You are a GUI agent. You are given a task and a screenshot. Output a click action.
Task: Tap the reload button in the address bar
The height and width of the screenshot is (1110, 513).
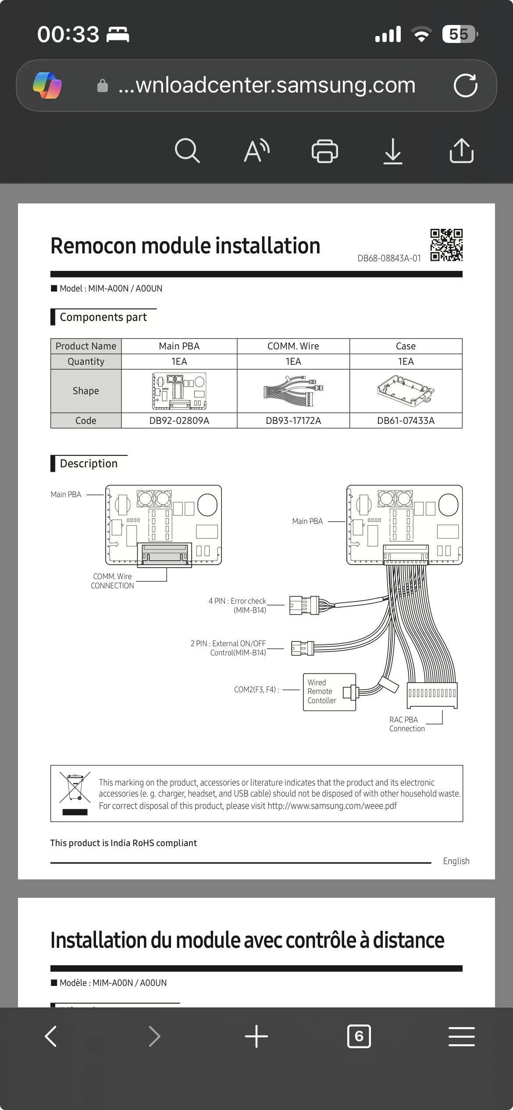pyautogui.click(x=465, y=85)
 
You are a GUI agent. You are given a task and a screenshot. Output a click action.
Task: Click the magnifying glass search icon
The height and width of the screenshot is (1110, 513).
pyautogui.click(x=187, y=151)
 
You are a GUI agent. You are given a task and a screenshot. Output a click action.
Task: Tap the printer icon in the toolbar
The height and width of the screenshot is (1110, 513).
pyautogui.click(x=324, y=151)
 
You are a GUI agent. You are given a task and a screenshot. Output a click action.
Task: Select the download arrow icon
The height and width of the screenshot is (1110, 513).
pyautogui.click(x=393, y=151)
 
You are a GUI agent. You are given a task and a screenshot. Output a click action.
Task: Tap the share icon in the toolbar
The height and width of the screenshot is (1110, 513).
pyautogui.click(x=461, y=151)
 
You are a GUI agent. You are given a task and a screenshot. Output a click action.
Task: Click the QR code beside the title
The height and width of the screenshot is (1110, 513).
pyautogui.click(x=446, y=245)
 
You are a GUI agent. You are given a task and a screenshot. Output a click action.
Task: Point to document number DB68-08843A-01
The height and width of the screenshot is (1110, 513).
pyautogui.click(x=389, y=258)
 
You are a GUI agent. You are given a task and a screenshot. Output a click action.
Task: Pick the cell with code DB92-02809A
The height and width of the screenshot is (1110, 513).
pyautogui.click(x=179, y=420)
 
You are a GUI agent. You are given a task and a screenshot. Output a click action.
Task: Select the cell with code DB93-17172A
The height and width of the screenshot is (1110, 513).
pyautogui.click(x=293, y=420)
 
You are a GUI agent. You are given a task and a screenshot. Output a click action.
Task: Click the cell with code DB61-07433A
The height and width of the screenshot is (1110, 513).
pyautogui.click(x=406, y=420)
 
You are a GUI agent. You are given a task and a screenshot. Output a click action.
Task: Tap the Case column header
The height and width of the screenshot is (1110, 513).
pyautogui.click(x=406, y=346)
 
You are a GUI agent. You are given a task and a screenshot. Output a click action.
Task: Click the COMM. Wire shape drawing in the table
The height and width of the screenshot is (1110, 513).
pyautogui.click(x=293, y=391)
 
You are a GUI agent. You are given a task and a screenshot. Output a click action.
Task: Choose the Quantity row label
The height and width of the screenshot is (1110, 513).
pyautogui.click(x=86, y=362)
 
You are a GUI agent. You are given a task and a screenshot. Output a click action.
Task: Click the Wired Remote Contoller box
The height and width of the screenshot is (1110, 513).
pyautogui.click(x=329, y=692)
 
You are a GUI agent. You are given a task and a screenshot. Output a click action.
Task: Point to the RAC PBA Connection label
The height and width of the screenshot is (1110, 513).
pyautogui.click(x=407, y=724)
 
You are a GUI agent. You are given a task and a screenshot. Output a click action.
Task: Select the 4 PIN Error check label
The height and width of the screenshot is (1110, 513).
pyautogui.click(x=237, y=605)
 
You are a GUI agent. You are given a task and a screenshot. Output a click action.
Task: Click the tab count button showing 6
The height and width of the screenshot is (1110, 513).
pyautogui.click(x=359, y=1036)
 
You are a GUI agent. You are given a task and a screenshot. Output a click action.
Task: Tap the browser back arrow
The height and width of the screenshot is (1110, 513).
pyautogui.click(x=51, y=1036)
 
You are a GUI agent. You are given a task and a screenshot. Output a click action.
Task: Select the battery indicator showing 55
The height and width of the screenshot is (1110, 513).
pyautogui.click(x=460, y=34)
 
